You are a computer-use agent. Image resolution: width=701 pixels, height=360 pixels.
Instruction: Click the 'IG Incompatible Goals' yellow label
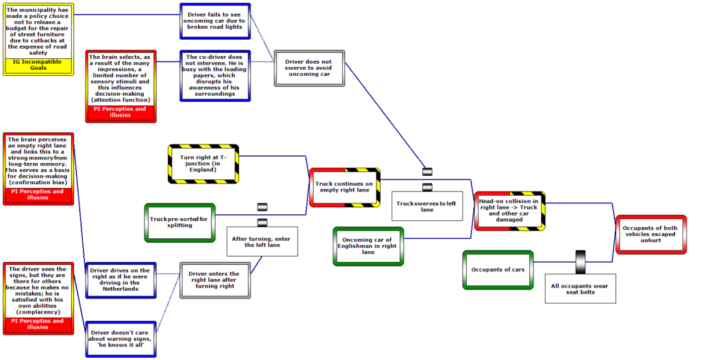click(x=38, y=65)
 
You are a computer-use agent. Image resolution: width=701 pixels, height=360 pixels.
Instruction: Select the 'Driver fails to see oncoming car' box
click(x=215, y=21)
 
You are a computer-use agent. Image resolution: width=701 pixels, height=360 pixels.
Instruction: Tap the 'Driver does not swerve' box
click(x=309, y=68)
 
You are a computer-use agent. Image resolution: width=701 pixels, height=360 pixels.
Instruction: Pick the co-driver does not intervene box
click(x=215, y=75)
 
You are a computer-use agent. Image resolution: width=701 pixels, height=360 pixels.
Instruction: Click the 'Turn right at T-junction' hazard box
click(x=203, y=164)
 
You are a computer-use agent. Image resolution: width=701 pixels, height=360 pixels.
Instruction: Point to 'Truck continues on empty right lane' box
click(x=345, y=188)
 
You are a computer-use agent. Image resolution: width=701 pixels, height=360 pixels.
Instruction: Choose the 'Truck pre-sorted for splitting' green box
click(x=180, y=222)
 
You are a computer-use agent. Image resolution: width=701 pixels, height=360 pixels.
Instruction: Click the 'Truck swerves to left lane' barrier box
click(x=427, y=206)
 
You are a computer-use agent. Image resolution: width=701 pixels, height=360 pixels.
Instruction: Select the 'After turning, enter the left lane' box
click(x=262, y=242)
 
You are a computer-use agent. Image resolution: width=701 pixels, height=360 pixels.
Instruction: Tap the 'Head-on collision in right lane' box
click(x=509, y=211)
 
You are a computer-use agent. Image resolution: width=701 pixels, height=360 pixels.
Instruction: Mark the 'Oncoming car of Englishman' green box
click(x=368, y=246)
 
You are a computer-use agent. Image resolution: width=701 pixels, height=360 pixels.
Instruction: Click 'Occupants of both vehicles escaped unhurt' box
click(x=650, y=234)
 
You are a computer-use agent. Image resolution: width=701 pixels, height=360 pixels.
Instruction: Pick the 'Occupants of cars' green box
click(x=498, y=270)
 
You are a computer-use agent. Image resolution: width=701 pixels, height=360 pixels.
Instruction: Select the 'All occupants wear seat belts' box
click(x=580, y=288)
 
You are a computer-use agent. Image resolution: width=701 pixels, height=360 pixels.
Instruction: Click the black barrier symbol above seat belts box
click(x=581, y=261)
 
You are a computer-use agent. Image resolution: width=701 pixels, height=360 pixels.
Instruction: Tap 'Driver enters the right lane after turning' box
click(x=215, y=280)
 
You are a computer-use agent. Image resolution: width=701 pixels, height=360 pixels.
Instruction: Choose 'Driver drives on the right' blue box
click(x=120, y=280)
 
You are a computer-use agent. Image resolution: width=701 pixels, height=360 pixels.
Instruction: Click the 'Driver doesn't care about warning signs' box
click(x=120, y=339)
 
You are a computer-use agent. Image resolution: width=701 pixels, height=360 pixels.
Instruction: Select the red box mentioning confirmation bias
click(x=38, y=168)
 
